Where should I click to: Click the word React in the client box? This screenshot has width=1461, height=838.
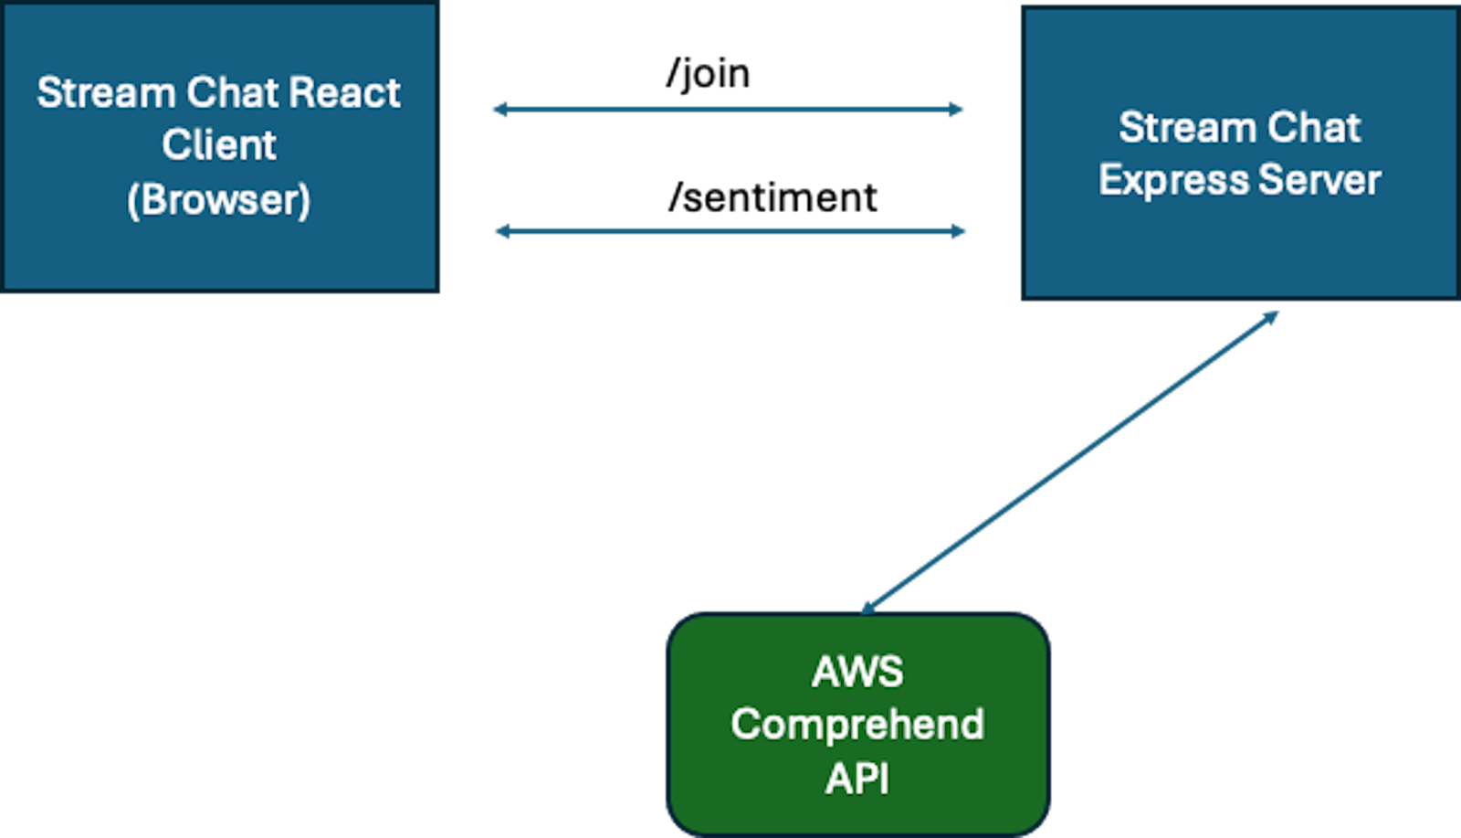point(344,92)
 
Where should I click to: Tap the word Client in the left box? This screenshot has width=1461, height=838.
point(219,145)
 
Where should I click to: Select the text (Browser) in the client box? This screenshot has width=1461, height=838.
point(219,200)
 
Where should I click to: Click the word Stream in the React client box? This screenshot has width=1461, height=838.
point(106,92)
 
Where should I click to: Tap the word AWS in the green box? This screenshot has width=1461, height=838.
point(857,673)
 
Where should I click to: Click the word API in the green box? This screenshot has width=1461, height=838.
point(857,779)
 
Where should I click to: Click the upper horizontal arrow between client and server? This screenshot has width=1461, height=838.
point(728,110)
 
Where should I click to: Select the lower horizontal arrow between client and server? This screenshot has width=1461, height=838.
point(730,231)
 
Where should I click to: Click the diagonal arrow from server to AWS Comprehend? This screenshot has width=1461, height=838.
point(1070,462)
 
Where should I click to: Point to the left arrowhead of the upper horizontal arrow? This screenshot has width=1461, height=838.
point(499,110)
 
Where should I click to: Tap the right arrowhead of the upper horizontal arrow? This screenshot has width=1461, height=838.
point(957,110)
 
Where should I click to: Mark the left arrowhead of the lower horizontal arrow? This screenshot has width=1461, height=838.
point(501,231)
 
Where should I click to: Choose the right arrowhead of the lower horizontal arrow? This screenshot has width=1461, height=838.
point(960,231)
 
